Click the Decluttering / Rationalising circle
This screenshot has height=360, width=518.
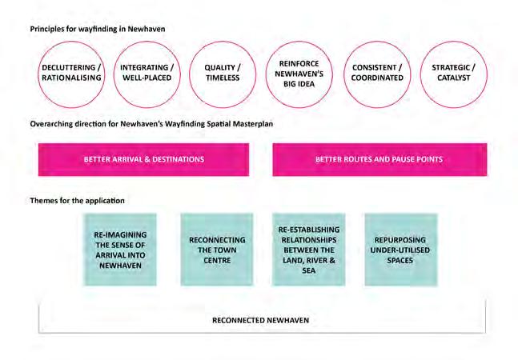[71, 74]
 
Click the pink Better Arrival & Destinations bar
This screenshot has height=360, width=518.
[144, 159]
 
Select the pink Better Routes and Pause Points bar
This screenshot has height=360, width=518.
[379, 159]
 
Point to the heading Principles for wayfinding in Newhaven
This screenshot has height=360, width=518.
[98, 29]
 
